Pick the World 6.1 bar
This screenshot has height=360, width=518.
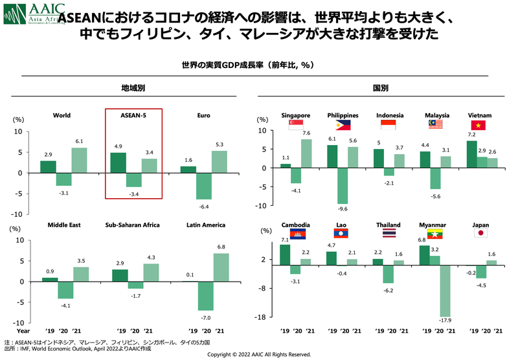pos(78,161)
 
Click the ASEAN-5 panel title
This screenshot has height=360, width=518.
pos(133,116)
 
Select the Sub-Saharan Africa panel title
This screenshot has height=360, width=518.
pos(133,225)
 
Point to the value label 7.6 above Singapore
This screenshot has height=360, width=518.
pos(306,134)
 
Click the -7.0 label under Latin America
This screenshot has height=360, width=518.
pos(207,318)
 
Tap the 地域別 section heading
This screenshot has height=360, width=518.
pos(133,87)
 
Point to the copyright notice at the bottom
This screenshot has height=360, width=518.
pos(259,355)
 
